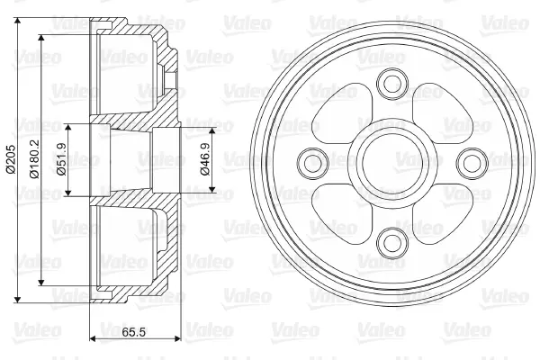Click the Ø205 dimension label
11,159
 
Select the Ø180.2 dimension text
35,159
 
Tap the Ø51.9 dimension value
62,159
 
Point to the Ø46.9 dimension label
205,159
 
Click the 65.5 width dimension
133,332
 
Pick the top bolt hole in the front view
392,83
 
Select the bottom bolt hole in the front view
392,243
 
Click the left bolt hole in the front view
312,163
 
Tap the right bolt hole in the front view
472,163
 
